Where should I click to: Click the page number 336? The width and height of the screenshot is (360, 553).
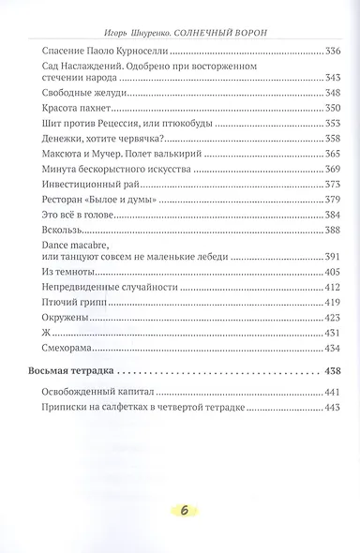329,51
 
